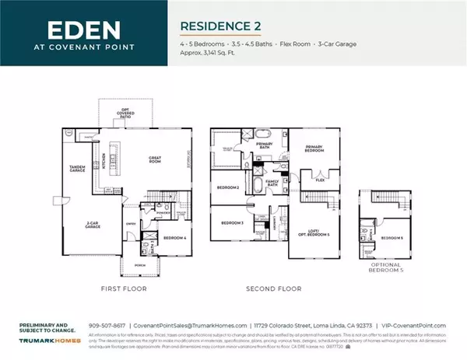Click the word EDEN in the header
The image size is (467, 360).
pyautogui.click(x=85, y=30)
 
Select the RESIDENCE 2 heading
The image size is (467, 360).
pyautogui.click(x=219, y=26)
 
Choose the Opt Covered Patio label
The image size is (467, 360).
pyautogui.click(x=125, y=116)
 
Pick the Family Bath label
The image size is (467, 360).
pyautogui.click(x=273, y=183)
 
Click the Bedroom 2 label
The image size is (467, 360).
pyautogui.click(x=226, y=187)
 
